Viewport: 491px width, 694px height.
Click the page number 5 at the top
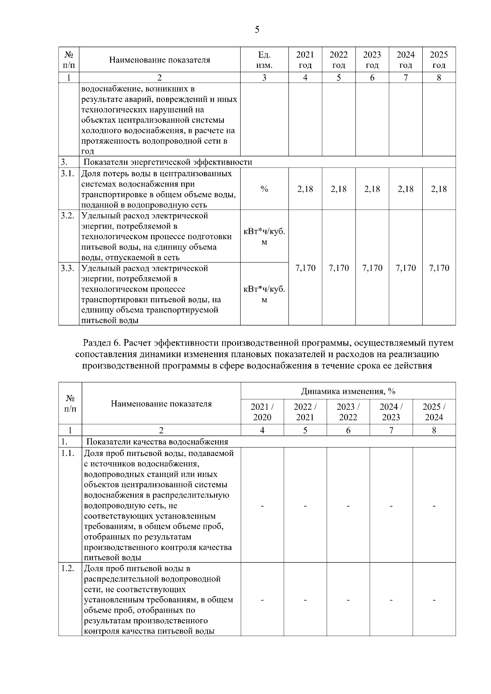[257, 29]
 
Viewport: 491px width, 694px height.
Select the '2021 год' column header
[305, 60]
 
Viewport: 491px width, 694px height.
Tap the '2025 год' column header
[439, 60]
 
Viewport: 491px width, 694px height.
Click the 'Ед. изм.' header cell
[264, 60]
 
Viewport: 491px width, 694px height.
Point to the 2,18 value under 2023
[372, 189]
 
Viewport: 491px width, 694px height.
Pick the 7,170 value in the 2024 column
[405, 268]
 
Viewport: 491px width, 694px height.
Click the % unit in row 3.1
[264, 189]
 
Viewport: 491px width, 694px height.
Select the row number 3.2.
[68, 216]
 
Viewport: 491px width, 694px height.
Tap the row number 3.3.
[68, 268]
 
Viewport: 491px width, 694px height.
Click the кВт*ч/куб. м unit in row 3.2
[264, 236]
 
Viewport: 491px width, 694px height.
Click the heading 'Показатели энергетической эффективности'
[168, 162]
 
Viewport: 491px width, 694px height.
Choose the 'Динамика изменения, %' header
[348, 391]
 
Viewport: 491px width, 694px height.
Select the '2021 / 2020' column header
[262, 412]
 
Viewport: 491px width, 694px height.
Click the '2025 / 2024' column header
[434, 412]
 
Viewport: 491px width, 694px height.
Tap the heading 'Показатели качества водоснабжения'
[157, 442]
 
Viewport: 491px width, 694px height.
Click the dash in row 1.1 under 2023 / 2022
[348, 506]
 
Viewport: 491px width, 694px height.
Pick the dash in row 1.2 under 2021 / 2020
[262, 600]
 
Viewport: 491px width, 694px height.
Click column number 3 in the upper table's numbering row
[264, 78]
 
